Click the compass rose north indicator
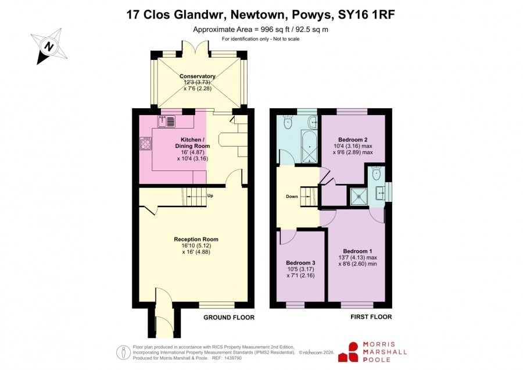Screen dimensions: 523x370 49,46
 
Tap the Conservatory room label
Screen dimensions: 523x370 198,76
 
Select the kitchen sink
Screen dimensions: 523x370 166,121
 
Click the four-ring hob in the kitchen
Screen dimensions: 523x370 145,144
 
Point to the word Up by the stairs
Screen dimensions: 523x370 210,195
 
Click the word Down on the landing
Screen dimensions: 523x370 292,197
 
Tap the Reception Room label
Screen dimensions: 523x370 196,239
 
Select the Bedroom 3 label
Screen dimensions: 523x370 300,263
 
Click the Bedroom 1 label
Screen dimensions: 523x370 357,251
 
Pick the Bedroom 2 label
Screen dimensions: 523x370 353,140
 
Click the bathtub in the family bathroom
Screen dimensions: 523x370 310,147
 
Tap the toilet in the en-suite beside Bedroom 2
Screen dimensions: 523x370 377,174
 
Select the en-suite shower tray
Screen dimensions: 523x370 359,197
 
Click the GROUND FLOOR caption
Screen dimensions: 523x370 229,318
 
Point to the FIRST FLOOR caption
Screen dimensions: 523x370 371,317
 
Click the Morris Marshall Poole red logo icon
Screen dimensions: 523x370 348,352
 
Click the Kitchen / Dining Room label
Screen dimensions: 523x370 192,143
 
